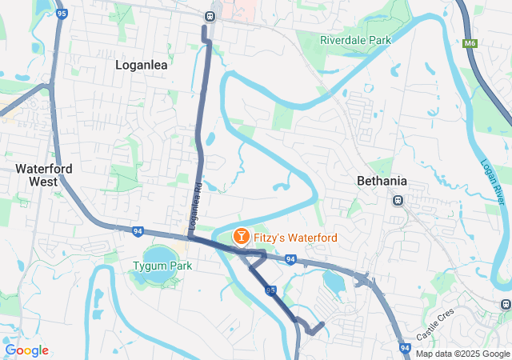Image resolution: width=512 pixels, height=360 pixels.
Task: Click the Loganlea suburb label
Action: [142, 66]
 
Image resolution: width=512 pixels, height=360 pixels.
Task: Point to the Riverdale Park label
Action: [355, 39]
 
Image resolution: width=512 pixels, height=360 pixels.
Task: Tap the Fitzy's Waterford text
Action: [295, 238]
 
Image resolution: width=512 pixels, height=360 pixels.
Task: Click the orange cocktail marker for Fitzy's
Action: [239, 237]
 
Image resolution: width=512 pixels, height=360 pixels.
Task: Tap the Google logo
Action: [26, 350]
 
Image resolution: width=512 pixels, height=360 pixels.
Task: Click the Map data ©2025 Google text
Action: [462, 354]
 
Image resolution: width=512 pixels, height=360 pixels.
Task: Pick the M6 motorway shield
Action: [470, 45]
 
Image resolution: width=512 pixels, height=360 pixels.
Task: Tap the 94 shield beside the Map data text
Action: [405, 348]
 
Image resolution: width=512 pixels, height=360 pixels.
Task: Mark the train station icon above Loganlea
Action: [210, 15]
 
